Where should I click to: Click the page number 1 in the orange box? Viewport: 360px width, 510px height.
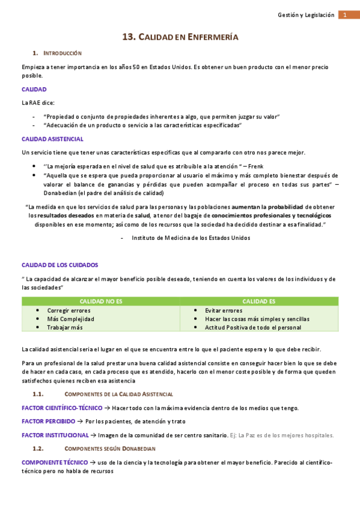click(x=346, y=15)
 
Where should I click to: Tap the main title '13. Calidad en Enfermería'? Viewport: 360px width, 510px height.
click(x=180, y=37)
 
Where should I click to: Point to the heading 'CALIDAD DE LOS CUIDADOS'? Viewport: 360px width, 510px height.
click(x=59, y=265)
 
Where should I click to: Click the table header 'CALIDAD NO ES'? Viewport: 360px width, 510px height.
click(x=101, y=301)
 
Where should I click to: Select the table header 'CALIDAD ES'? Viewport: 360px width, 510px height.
click(x=259, y=301)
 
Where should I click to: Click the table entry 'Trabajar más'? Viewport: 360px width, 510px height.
click(x=65, y=327)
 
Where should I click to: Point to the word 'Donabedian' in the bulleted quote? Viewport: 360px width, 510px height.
click(x=63, y=193)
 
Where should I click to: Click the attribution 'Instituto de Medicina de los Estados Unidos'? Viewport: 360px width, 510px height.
click(x=191, y=238)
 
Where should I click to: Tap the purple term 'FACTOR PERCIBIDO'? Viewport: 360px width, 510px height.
click(x=49, y=422)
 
